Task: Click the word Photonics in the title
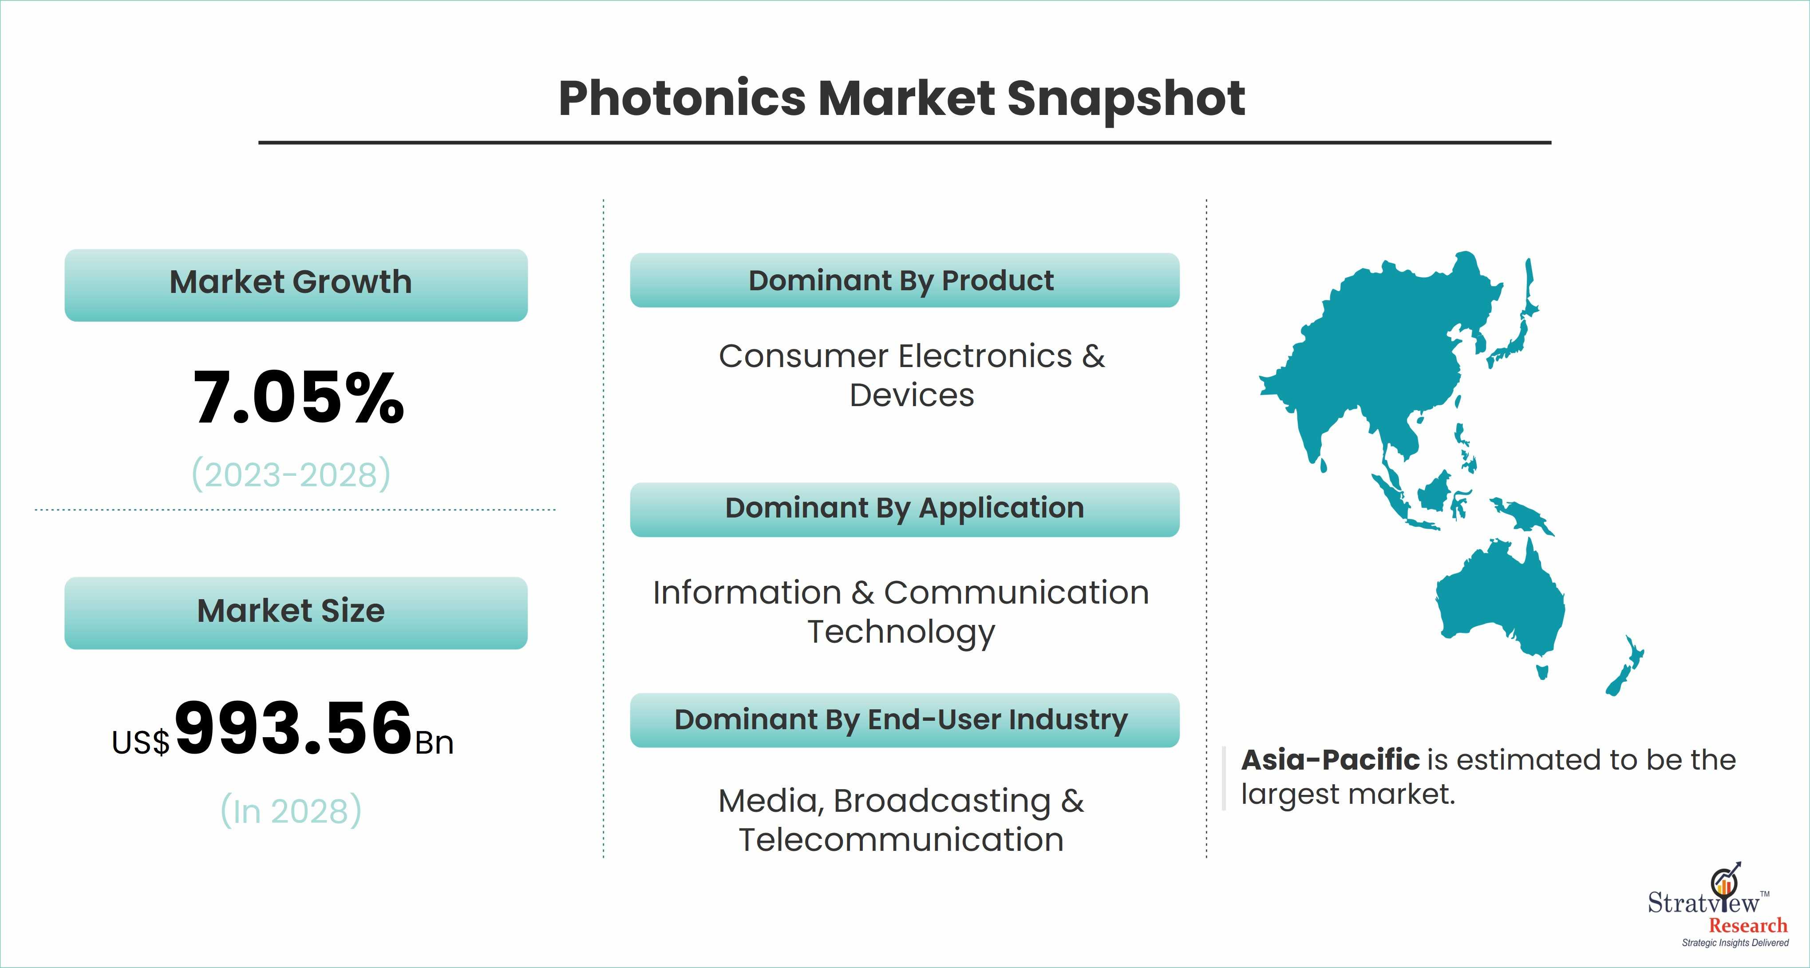682,99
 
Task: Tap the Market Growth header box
296,285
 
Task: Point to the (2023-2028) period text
291,475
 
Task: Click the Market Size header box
296,612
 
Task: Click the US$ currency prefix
141,743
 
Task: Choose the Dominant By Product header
904,281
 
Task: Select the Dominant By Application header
904,509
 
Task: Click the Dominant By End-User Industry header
904,720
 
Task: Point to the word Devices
911,395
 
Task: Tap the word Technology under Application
901,632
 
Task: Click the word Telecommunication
901,840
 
